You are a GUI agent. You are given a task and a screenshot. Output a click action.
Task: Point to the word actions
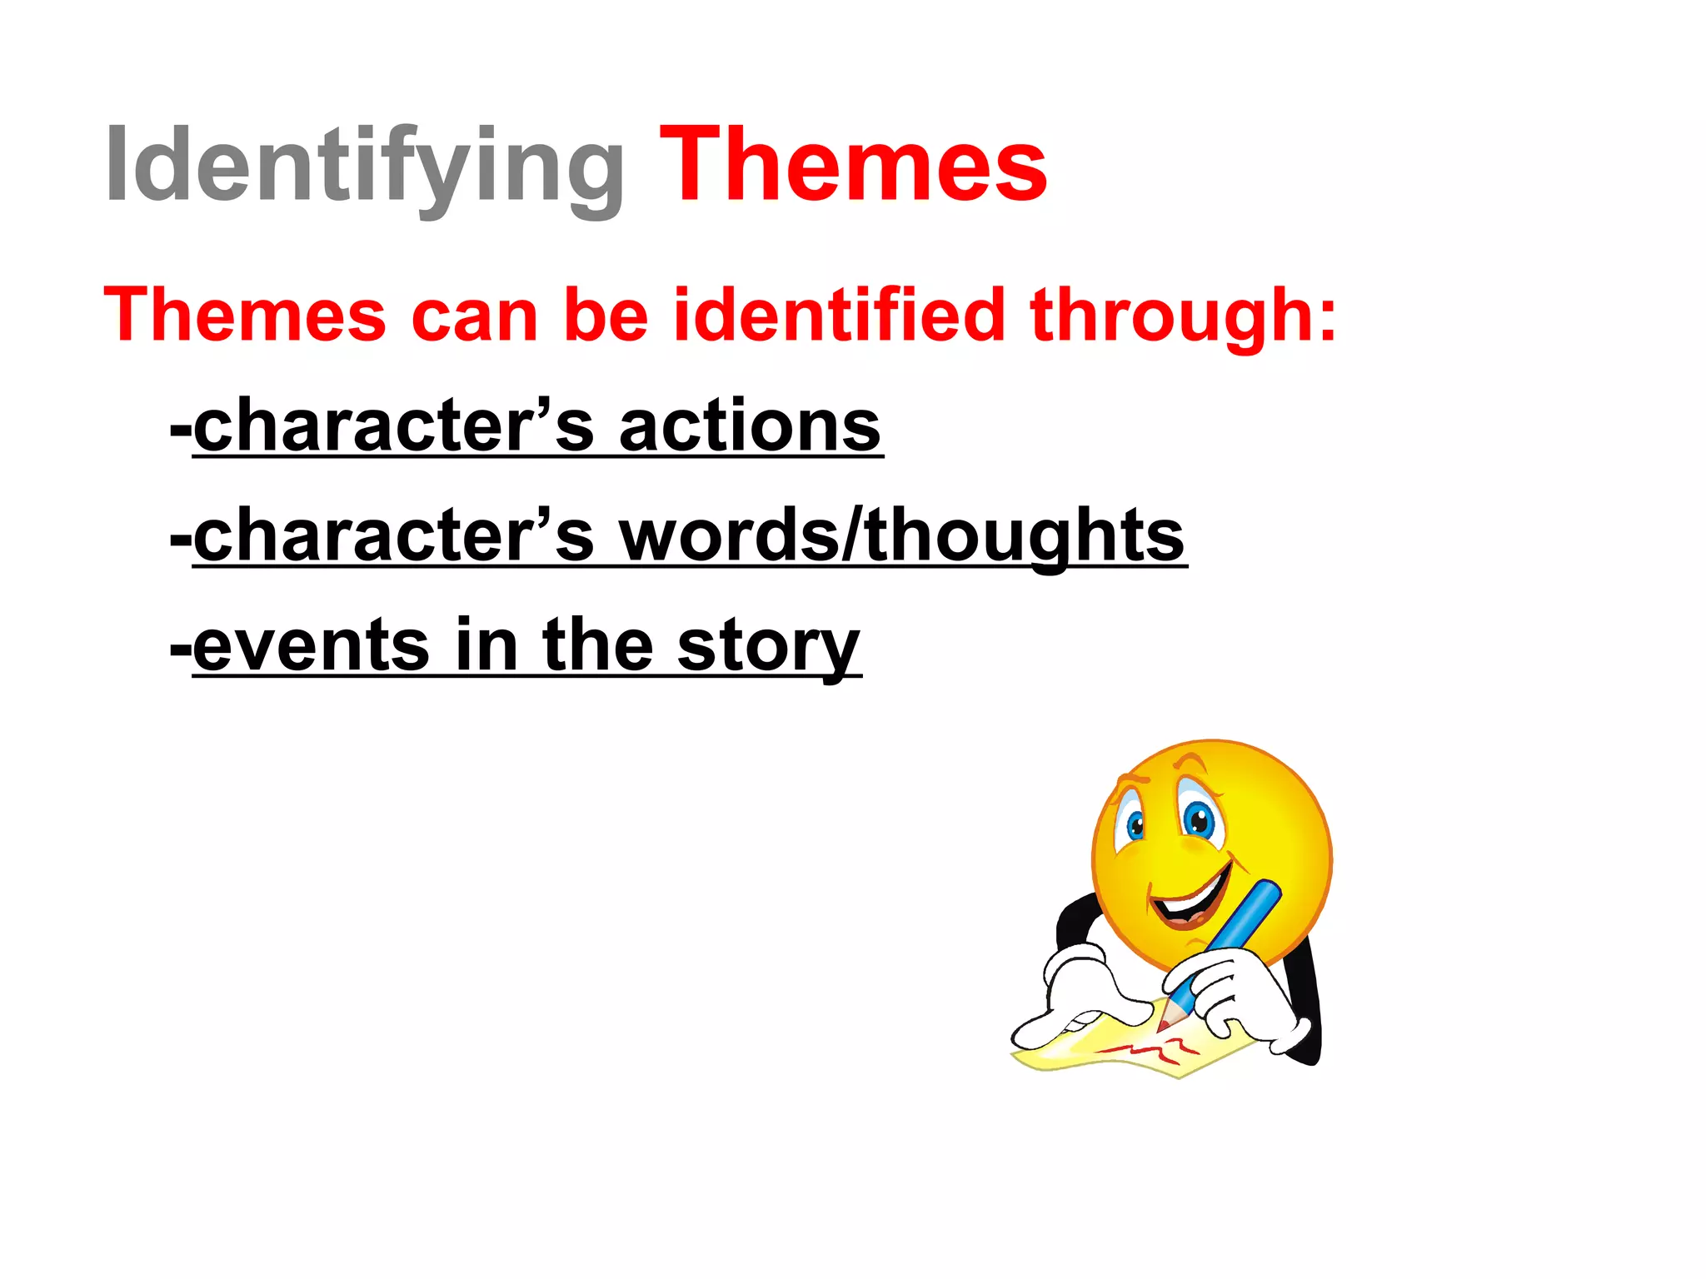pos(750,426)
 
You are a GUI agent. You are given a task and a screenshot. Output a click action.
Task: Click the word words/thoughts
pos(901,536)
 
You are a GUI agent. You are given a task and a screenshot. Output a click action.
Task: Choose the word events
pos(311,646)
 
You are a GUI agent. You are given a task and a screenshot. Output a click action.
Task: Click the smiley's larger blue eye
pos(1199,820)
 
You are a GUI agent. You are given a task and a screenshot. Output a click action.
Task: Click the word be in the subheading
pos(606,315)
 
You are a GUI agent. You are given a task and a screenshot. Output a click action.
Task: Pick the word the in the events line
pos(597,646)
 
